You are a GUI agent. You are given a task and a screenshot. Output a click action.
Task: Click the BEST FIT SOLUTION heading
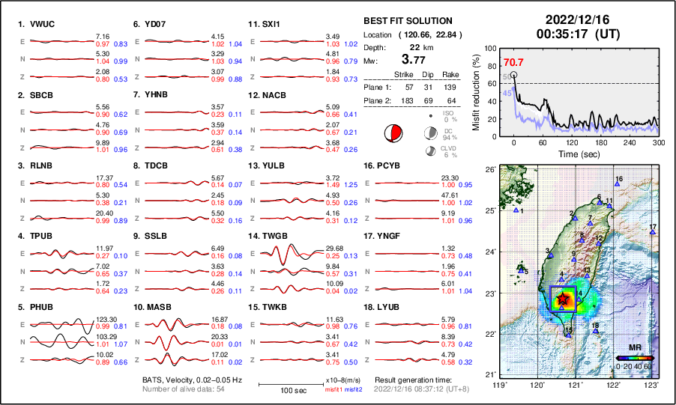coord(408,21)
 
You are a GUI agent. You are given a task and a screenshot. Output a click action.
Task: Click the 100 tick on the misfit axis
coord(492,49)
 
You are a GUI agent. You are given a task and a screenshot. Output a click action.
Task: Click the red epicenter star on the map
coord(563,299)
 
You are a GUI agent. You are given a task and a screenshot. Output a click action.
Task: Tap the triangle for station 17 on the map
coord(652,233)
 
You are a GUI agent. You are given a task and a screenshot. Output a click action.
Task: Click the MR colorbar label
coord(634,348)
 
